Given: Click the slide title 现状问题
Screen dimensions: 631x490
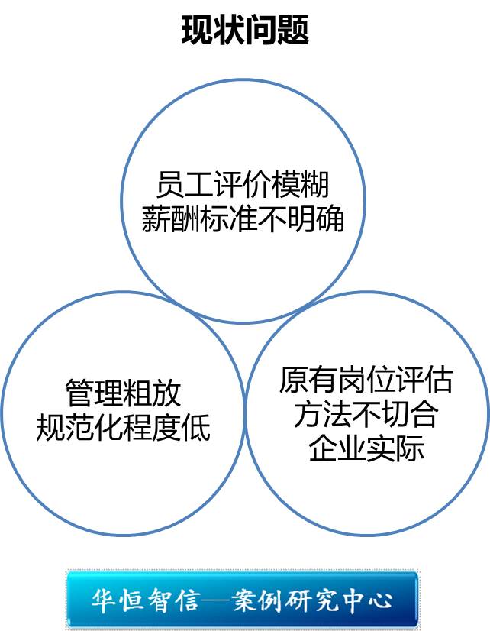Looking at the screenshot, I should [245, 31].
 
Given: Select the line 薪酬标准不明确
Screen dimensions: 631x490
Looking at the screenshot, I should [243, 220].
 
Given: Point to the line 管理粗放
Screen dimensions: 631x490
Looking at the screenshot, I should [123, 394].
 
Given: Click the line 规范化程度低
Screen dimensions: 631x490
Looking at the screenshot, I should [123, 428].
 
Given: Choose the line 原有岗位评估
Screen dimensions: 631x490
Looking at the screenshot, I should [366, 380].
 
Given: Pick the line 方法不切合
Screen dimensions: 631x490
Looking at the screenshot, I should [366, 414].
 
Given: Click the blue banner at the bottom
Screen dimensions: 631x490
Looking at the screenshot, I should [242, 599].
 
